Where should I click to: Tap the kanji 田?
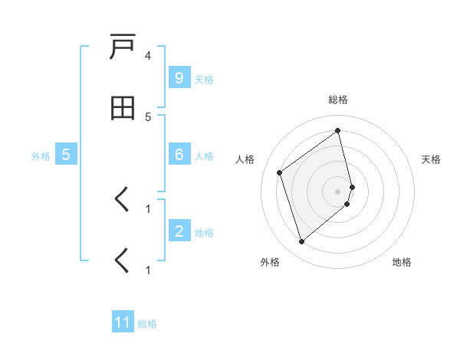tap(123, 109)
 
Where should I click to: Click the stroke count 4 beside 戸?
tap(148, 56)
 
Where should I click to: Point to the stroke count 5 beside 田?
tap(148, 116)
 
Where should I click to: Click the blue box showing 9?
tap(179, 78)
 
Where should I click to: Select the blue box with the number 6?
tap(179, 155)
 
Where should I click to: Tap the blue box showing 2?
tap(179, 231)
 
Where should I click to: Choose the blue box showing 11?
tap(123, 322)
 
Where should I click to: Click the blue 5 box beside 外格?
tap(66, 155)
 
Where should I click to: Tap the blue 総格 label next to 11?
tap(147, 324)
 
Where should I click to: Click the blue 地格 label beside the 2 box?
tap(204, 233)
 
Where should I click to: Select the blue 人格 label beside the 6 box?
tap(204, 156)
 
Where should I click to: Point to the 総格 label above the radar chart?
tap(338, 100)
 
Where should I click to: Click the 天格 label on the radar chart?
tap(432, 159)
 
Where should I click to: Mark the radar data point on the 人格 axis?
tap(280, 172)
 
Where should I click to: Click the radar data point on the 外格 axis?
tap(301, 242)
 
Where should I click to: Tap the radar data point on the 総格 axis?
tap(338, 131)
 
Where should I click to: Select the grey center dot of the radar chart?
tap(338, 191)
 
